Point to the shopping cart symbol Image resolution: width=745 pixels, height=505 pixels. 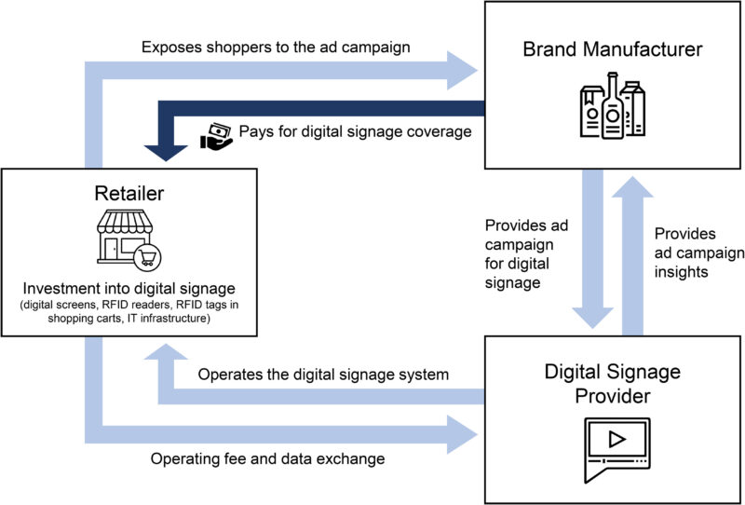coord(145,255)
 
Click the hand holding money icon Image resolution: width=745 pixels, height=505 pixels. coord(215,134)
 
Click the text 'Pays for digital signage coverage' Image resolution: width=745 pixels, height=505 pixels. coord(355,131)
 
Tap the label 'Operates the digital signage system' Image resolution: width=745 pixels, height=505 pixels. coord(324,375)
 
